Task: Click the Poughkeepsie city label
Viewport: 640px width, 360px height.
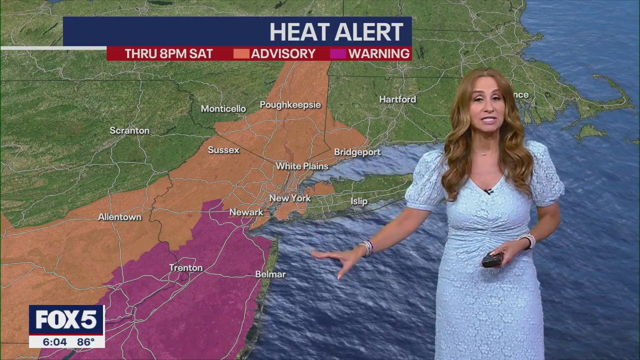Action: point(290,105)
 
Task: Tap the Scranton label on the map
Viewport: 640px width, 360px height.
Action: point(129,130)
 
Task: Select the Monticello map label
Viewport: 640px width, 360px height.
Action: point(223,109)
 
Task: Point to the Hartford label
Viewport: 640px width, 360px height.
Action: point(397,99)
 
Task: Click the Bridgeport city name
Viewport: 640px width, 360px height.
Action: point(357,152)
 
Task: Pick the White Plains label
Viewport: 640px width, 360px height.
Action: point(302,166)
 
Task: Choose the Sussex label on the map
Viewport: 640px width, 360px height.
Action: point(223,150)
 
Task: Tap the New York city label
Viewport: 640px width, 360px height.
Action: point(290,198)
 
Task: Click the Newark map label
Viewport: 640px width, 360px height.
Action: point(246,212)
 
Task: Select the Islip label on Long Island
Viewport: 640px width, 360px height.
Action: point(359,201)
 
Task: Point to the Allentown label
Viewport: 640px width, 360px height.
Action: point(119,217)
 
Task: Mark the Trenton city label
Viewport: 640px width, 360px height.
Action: point(186,268)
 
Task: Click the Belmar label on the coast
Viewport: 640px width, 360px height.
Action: point(270,274)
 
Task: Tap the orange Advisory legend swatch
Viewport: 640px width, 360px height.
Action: point(241,53)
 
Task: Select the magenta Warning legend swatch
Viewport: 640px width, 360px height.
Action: point(338,53)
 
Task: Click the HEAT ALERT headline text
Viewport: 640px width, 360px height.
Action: point(336,32)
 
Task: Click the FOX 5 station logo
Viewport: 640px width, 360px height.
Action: point(66,320)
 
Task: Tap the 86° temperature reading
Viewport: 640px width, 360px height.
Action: point(85,342)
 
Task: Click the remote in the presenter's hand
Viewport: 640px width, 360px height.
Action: point(492,259)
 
